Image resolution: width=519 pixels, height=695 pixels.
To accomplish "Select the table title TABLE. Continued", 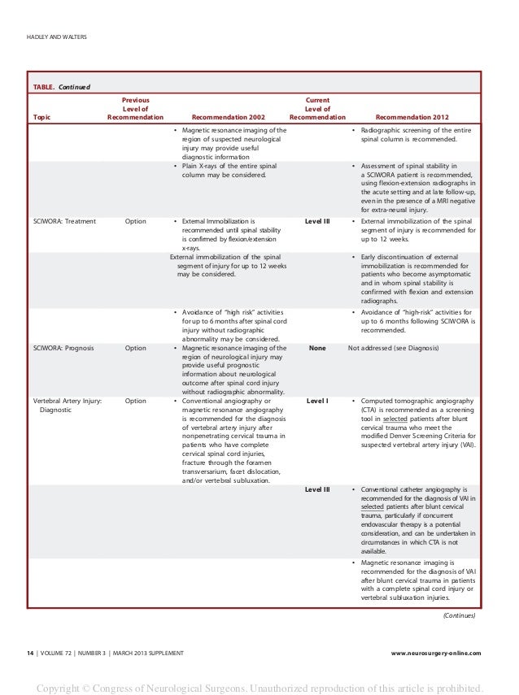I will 61,86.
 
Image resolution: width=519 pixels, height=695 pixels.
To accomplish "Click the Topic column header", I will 41,117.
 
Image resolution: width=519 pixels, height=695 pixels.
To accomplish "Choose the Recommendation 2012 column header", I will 412,117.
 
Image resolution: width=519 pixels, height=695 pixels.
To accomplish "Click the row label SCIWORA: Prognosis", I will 65,348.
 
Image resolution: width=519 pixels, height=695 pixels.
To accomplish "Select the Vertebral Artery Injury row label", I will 67,401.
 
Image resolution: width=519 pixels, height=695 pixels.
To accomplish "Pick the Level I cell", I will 317,401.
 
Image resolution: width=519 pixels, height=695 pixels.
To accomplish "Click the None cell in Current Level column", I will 317,348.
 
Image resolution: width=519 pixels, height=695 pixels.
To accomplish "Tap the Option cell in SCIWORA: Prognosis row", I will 136,348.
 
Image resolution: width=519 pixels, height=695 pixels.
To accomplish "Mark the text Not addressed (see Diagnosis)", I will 393,348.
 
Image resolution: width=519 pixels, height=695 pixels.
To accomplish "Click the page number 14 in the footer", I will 30,653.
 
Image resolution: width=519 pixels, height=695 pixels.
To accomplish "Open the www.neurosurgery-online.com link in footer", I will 435,653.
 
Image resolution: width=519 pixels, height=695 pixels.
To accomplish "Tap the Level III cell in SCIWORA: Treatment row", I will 317,220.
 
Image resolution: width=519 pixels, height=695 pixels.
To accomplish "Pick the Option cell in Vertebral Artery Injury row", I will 136,401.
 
